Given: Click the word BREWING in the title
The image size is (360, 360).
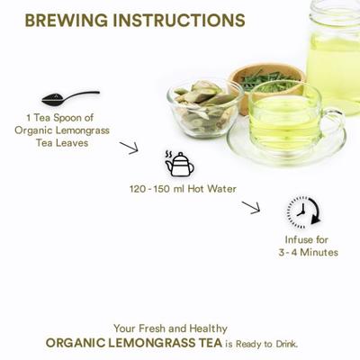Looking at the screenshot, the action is [67, 21].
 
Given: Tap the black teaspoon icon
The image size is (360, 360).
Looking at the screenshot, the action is [70, 98].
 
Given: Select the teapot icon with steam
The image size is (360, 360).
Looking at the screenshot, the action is [180, 164].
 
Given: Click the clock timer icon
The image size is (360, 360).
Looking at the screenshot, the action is [303, 211].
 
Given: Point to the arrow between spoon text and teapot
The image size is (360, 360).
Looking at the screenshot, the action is [129, 148].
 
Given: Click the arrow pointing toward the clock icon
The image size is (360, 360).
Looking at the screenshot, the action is [251, 208].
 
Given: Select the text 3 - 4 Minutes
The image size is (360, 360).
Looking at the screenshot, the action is [308, 252].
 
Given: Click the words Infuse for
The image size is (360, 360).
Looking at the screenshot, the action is [306, 239].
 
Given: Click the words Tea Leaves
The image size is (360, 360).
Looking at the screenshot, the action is [62, 143].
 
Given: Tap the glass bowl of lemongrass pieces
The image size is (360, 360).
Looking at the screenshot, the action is [206, 109].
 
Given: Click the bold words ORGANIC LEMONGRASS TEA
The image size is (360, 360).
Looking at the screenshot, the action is [134, 343].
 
